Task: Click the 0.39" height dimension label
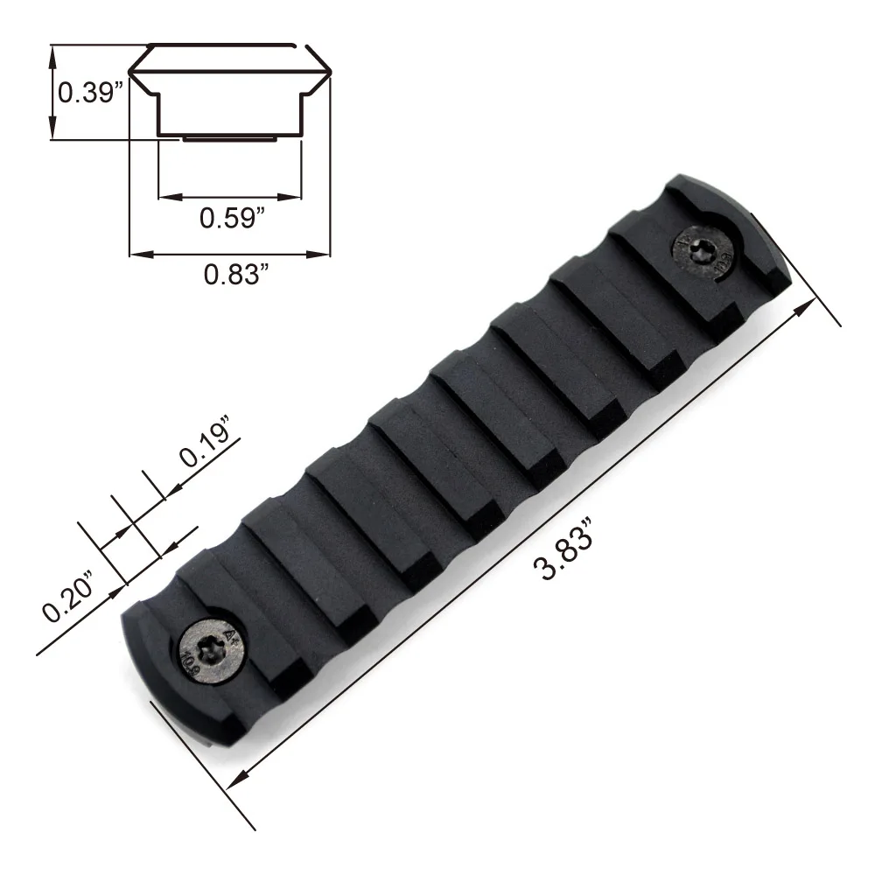click(90, 92)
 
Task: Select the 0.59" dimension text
click(232, 217)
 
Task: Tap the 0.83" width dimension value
click(236, 274)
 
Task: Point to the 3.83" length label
click(563, 549)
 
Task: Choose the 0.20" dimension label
click(69, 595)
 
